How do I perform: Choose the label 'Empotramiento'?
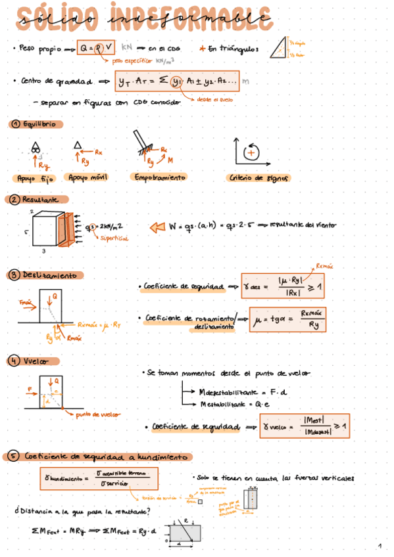[x=159, y=177]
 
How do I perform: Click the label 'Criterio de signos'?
[x=257, y=178]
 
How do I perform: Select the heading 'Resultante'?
[x=40, y=200]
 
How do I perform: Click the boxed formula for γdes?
[x=282, y=287]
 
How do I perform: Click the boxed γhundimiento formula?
[x=99, y=478]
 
